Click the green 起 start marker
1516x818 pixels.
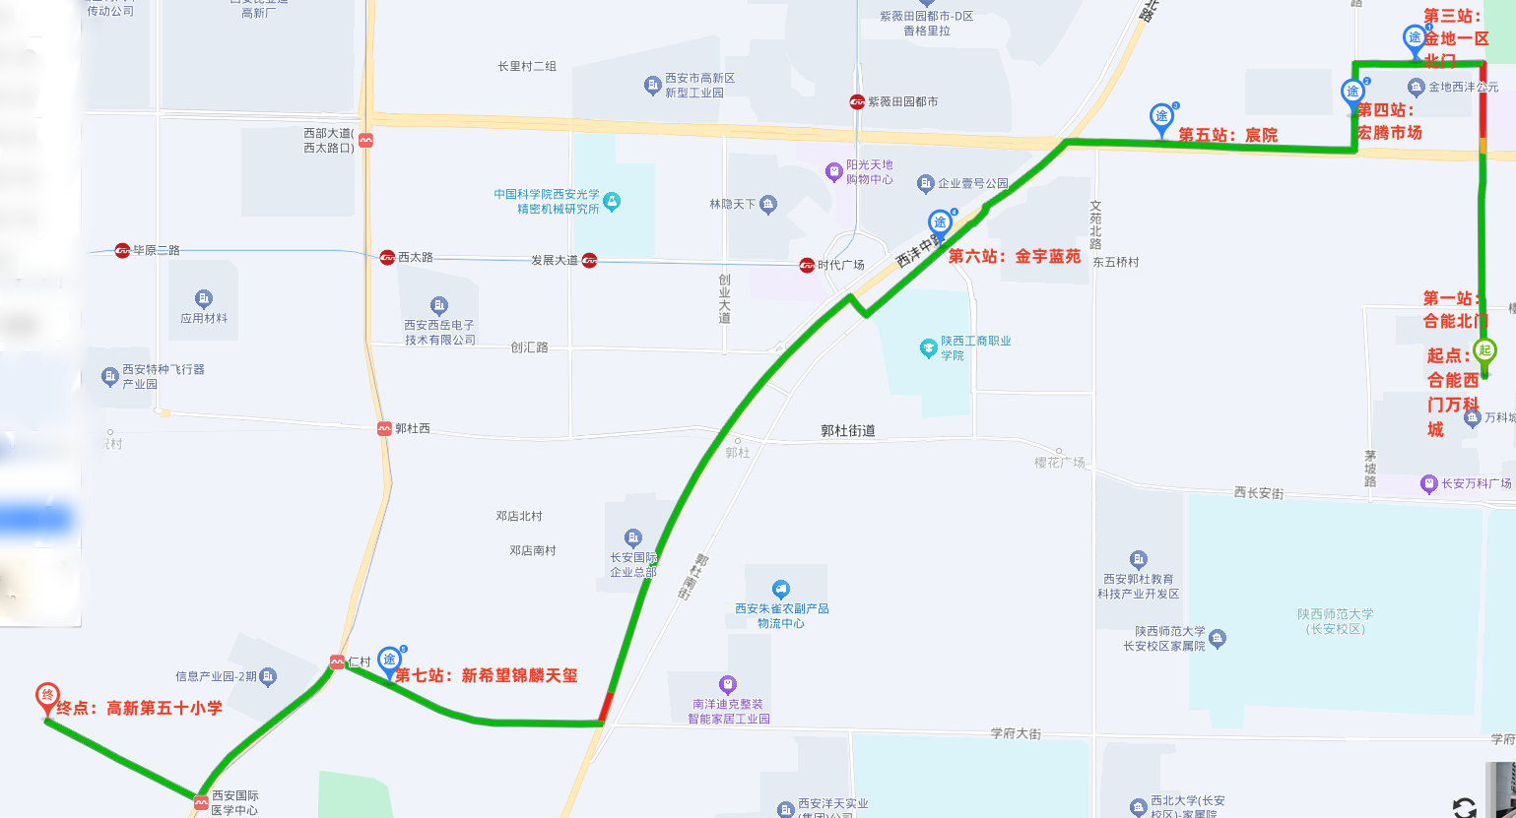(1484, 350)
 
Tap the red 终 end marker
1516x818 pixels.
(46, 696)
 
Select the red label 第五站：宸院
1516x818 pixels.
(1227, 135)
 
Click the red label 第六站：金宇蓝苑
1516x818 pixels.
(1014, 256)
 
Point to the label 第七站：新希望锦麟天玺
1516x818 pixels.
(486, 675)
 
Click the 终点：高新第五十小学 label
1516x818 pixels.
(139, 708)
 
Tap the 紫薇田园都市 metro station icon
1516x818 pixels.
(858, 101)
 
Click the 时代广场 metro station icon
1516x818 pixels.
(807, 265)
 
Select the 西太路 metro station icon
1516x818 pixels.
(387, 257)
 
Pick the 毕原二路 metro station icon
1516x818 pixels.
(122, 250)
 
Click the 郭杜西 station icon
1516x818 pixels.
(384, 428)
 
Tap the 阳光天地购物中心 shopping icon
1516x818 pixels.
(834, 172)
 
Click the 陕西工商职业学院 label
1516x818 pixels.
(974, 347)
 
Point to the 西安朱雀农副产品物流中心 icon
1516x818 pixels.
(781, 590)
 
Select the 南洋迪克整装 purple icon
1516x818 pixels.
(728, 684)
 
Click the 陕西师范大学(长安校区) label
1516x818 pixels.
(1335, 621)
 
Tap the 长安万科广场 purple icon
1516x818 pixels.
(1429, 483)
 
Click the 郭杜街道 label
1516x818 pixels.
(847, 430)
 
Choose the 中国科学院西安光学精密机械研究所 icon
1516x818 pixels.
(612, 202)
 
